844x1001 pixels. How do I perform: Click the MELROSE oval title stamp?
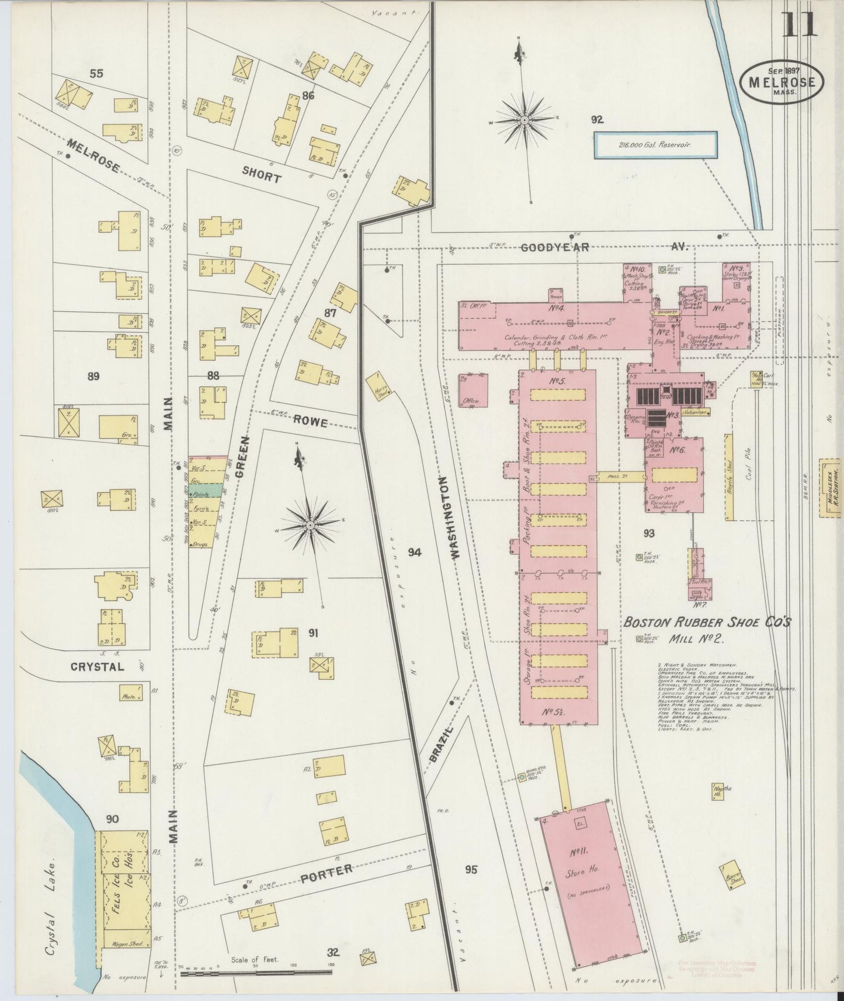782,82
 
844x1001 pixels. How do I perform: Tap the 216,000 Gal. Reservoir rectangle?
655,145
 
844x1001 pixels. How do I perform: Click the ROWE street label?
310,420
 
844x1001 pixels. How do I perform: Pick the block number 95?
471,870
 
